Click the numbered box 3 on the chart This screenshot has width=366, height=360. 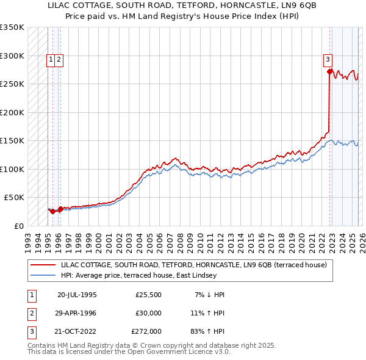(328, 60)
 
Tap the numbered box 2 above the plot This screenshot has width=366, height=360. (59, 60)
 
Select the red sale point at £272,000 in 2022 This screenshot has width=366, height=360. (329, 72)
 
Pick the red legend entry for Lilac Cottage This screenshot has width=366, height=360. (194, 265)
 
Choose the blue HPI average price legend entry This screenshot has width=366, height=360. (138, 275)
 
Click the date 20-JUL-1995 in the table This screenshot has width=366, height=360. (77, 294)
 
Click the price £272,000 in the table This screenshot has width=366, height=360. (146, 331)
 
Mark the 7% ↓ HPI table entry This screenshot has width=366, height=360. (209, 294)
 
